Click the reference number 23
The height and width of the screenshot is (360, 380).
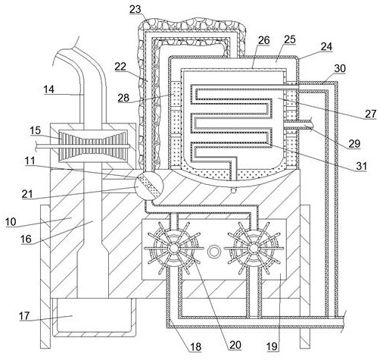[x=135, y=9]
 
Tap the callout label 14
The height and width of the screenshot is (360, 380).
[x=49, y=89]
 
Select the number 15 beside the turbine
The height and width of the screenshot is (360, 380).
[x=35, y=130]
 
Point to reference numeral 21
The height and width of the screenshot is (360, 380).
[x=27, y=194]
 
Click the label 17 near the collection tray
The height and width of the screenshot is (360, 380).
[x=24, y=316]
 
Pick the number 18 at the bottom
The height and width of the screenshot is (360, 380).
[x=196, y=347]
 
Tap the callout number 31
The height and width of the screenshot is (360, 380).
[x=361, y=166]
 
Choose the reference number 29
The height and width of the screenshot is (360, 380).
[x=354, y=143]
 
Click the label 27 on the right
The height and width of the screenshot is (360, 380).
[x=371, y=114]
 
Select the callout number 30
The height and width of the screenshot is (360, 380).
[x=340, y=68]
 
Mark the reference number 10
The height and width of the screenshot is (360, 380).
[x=11, y=222]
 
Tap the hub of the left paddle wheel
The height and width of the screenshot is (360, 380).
[x=173, y=248]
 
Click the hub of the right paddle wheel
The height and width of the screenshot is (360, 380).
[x=253, y=248]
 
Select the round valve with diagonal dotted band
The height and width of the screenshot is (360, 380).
[x=149, y=186]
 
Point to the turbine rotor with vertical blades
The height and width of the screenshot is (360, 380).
[x=93, y=146]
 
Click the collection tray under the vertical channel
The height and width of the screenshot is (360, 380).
[x=93, y=317]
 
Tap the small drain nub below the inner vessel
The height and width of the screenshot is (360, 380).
[x=234, y=189]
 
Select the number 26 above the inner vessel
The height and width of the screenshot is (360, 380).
[x=264, y=40]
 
